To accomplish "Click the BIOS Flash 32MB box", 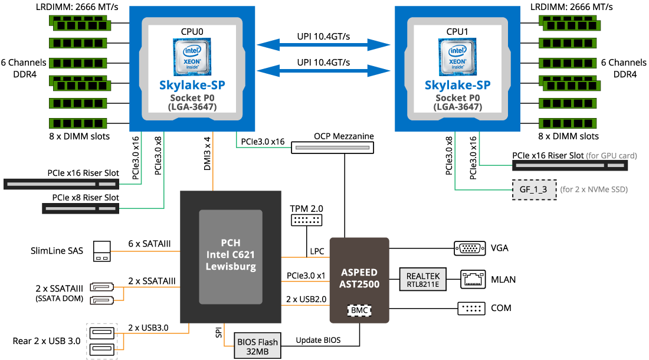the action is coord(257,345).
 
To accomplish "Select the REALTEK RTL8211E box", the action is coord(423,279).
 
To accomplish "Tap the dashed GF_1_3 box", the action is coord(534,189).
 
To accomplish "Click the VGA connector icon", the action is coord(470,248).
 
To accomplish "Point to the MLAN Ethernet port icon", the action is coord(473,279).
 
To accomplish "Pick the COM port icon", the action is coord(471,308).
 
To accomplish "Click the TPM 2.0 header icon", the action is coord(306,220).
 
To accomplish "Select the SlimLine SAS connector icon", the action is coord(102,251).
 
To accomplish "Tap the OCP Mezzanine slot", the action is coord(332,148).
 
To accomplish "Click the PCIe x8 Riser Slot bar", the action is coord(81,208).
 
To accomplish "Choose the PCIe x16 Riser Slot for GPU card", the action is coord(570,165).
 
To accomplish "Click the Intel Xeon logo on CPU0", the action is coord(192,57).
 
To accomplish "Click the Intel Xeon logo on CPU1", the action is coord(457,57).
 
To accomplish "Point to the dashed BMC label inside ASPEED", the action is coord(359,310).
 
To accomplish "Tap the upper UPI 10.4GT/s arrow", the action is coord(323,45).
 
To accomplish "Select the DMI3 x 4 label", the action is coord(207,153).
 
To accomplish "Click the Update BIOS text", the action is coord(318,340).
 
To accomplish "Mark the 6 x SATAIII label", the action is coord(149,244).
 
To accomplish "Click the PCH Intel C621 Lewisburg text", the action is coord(231,254).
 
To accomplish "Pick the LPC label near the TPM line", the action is coord(317,251).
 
